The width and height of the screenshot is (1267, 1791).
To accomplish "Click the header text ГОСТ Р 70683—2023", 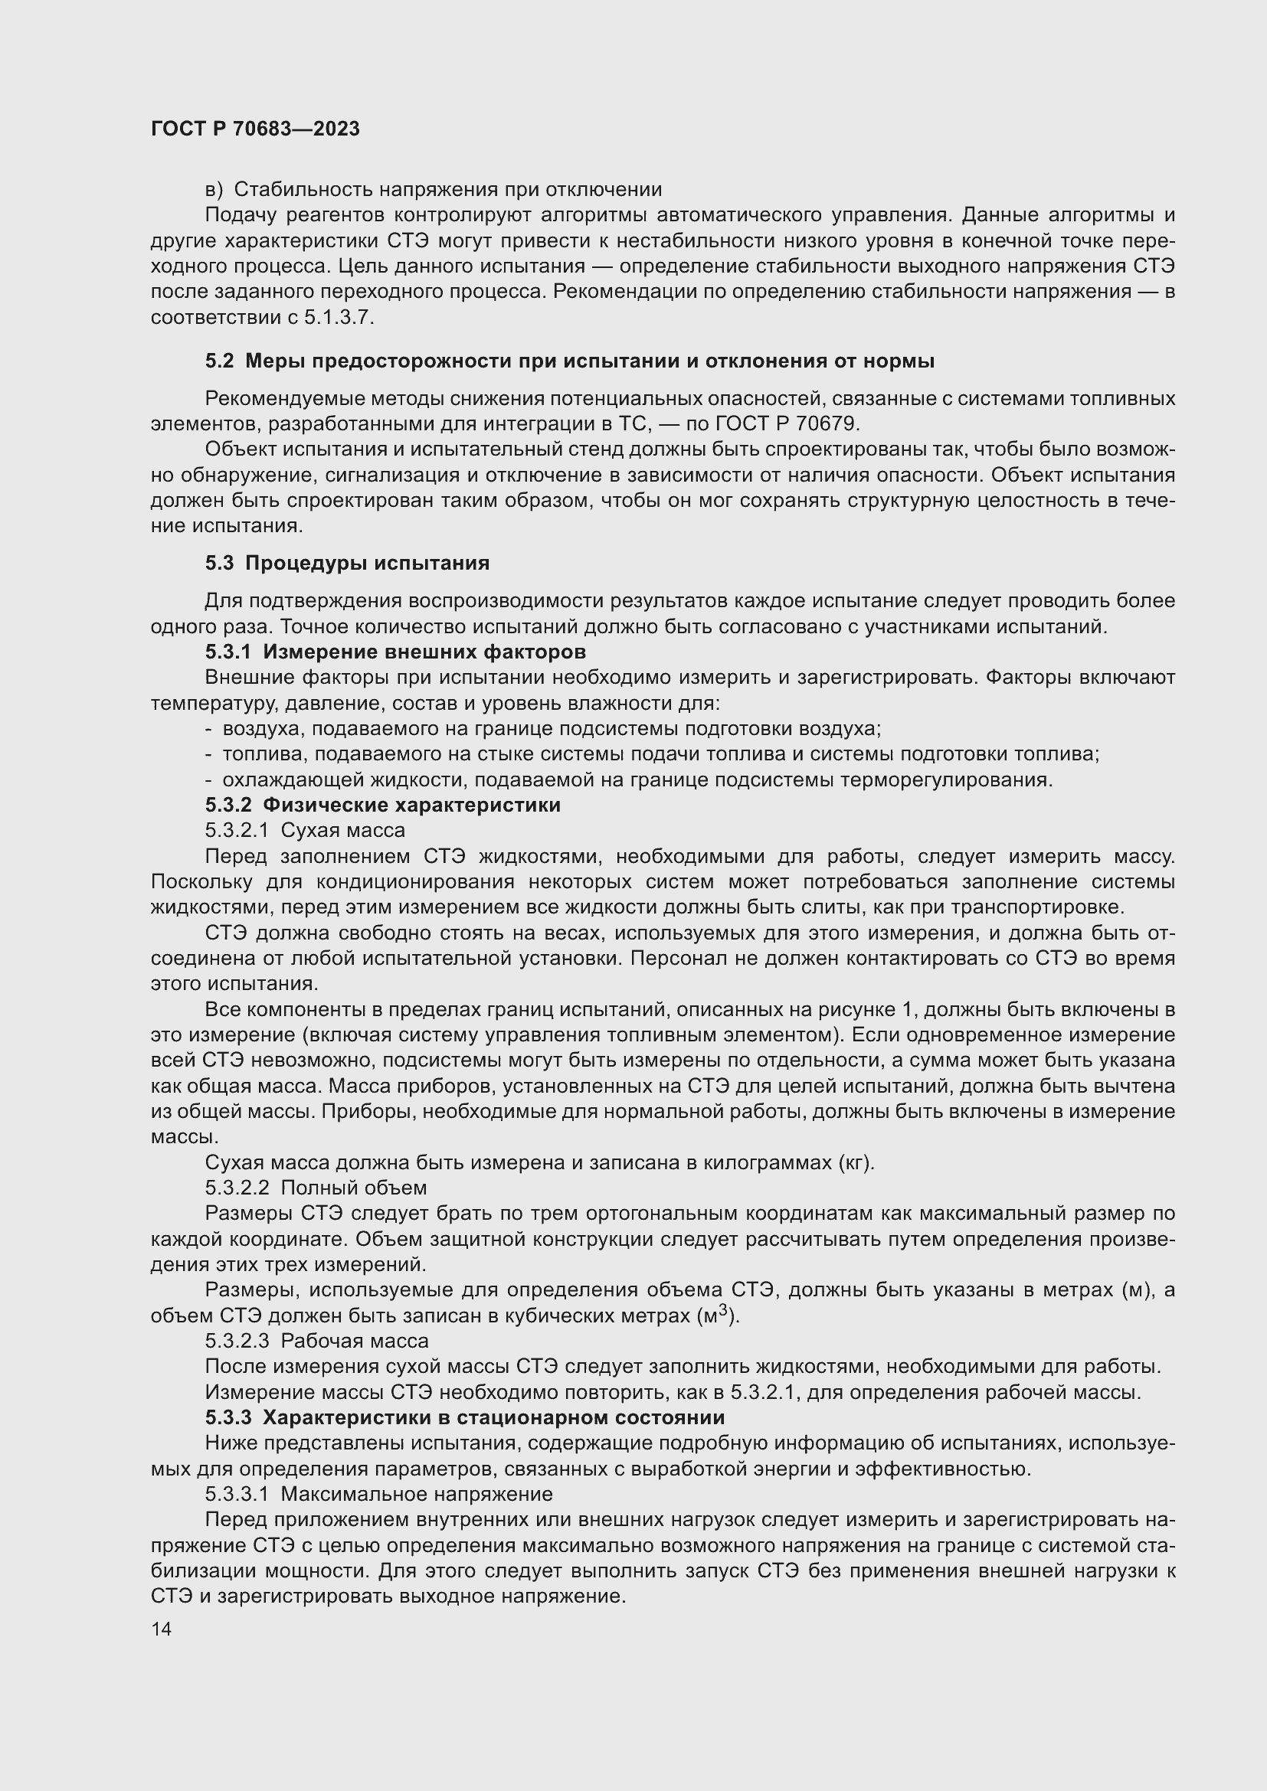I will pos(255,129).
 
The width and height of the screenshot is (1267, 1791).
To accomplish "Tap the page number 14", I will pos(162,1629).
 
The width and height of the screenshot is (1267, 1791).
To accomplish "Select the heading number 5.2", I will pos(219,361).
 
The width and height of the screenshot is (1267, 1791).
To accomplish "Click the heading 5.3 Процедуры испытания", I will pos(347,564).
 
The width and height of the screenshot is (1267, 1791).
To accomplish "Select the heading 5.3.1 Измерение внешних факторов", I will pos(395,652).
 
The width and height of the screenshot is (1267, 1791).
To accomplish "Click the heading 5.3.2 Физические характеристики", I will pos(382,805).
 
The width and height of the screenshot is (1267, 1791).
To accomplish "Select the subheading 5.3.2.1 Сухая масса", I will pos(305,830).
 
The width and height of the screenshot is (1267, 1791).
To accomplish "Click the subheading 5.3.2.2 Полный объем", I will pos(316,1188).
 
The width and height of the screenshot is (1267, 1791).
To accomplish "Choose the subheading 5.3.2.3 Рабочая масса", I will pos(317,1341).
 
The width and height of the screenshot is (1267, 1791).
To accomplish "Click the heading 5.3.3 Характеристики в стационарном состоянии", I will pos(465,1417).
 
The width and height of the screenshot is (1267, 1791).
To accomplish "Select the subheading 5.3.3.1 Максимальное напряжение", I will pos(378,1494).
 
